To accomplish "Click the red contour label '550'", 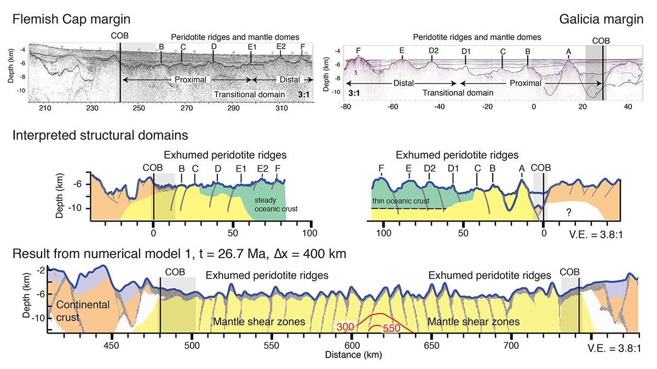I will (393, 329).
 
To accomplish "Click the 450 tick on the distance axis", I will (111, 345).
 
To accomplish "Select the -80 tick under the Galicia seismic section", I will (345, 106).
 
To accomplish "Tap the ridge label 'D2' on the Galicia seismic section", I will (434, 51).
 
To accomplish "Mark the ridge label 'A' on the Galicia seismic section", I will (569, 51).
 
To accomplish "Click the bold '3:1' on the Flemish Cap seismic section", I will (303, 95).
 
